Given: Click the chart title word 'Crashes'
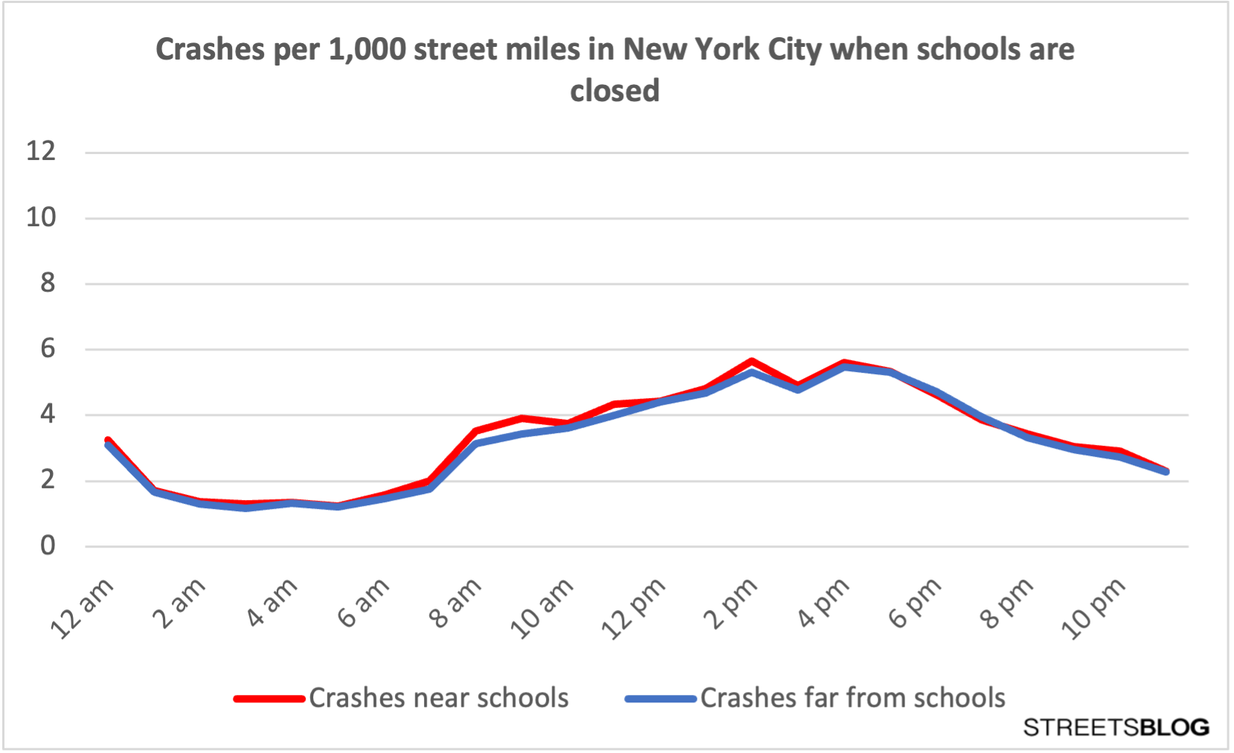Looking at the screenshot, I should tap(210, 50).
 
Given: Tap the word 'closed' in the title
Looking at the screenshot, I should tap(615, 92).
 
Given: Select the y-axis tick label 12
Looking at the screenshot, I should tap(41, 152).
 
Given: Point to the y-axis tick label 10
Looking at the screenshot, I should tap(41, 217).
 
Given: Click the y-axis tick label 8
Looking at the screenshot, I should tap(48, 283).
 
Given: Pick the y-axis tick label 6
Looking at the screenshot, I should tap(48, 348).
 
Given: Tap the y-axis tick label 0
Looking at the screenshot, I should tap(48, 545).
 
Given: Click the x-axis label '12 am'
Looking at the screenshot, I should tap(83, 609).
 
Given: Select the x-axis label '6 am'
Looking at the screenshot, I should tap(364, 603).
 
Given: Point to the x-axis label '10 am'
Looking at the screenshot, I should tap(542, 609).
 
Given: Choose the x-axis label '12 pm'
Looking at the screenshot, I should tap(634, 609).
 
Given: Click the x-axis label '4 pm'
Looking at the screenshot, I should tap(823, 603).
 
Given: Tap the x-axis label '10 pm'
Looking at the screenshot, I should tap(1093, 609).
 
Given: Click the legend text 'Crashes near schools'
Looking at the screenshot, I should tap(439, 698).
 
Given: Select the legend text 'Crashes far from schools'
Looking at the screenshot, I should tap(852, 698).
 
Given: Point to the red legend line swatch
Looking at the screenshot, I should tap(269, 699).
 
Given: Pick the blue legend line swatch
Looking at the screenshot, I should tap(661, 699).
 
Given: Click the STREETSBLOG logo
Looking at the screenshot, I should tap(1116, 727).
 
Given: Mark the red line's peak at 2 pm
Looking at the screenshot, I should tap(752, 361).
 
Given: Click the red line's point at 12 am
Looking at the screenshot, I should tap(109, 440).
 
